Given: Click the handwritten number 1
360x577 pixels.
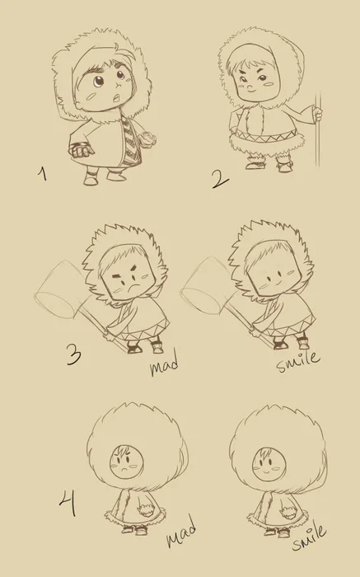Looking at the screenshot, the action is [x=43, y=174].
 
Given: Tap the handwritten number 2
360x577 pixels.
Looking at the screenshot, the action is [x=220, y=179].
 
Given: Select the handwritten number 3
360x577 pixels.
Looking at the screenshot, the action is [x=74, y=354].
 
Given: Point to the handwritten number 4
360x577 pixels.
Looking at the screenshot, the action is [x=68, y=504].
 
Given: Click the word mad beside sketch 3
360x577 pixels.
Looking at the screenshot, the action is [x=165, y=363].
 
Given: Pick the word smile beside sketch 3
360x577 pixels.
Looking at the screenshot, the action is [x=298, y=361].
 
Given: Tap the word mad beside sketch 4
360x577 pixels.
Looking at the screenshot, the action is [x=181, y=531].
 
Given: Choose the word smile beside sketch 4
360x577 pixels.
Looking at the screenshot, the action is [x=309, y=537].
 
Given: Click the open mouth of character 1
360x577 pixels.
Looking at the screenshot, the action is [x=117, y=98].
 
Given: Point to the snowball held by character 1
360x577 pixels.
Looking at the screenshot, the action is [x=149, y=139].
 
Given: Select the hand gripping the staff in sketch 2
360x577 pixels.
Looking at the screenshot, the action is [x=318, y=114].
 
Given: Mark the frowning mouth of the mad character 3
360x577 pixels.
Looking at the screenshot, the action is [x=133, y=285].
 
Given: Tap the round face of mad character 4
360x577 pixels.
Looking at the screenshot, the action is [x=127, y=462].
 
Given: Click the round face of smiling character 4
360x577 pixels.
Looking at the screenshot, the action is [x=269, y=464].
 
